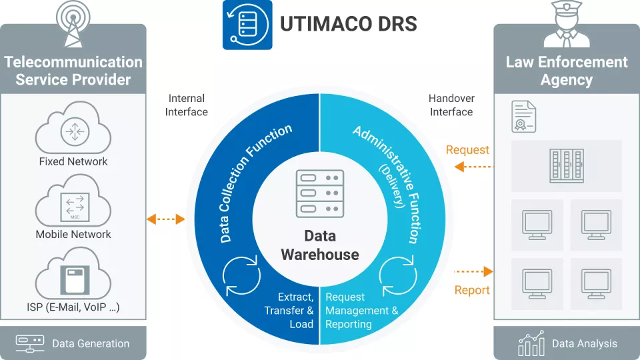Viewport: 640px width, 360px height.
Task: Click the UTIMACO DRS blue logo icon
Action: pos(247,25)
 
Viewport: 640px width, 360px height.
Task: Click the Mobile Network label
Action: pos(73,234)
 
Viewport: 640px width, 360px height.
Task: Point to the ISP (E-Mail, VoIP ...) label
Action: pos(73,307)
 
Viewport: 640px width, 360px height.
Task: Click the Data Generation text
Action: pos(91,343)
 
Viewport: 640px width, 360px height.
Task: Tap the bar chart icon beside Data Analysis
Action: pos(531,343)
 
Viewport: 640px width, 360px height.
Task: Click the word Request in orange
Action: pos(467,150)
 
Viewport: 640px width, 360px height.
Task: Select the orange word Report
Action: pos(472,290)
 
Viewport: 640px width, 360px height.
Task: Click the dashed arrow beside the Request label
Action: pos(474,167)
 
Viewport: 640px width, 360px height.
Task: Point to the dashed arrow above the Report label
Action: pos(474,272)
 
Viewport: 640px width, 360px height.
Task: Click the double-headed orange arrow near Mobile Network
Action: pos(165,219)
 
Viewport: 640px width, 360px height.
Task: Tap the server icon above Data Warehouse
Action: pos(320,193)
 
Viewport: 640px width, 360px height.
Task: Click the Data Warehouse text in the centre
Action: pos(320,245)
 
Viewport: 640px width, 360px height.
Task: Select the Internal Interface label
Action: pos(187,105)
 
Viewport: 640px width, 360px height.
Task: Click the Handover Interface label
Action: pos(451,105)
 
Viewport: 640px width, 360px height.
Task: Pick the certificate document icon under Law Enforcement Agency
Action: pos(524,117)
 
